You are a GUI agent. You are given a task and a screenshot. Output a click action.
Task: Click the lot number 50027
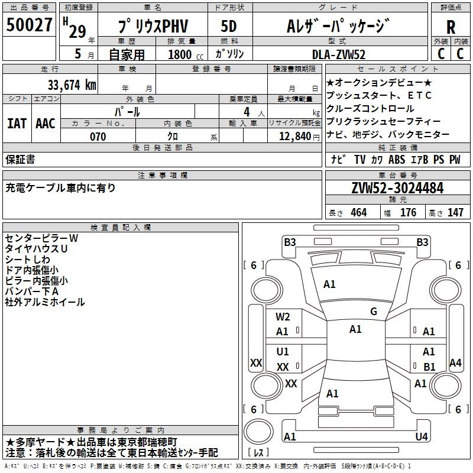[29, 24]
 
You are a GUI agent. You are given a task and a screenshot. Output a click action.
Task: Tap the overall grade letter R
[451, 27]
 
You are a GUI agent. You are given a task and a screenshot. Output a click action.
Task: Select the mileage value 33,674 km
[72, 85]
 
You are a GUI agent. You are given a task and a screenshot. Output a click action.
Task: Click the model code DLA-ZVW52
[339, 54]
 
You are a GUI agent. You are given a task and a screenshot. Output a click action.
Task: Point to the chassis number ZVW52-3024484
[397, 188]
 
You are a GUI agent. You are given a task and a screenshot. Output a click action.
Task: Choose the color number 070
[98, 137]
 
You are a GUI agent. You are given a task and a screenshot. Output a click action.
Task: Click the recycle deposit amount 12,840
[295, 137]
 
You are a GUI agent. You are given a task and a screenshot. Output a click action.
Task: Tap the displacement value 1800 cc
[186, 54]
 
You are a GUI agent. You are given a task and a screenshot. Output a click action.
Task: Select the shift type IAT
[17, 124]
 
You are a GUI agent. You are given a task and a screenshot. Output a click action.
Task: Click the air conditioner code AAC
[46, 124]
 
